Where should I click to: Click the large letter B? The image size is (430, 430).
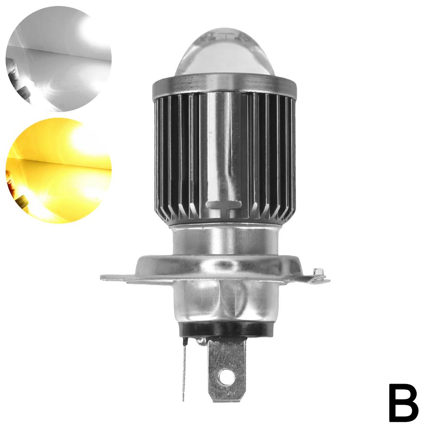pyautogui.click(x=403, y=403)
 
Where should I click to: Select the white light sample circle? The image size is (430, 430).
pyautogui.click(x=58, y=58)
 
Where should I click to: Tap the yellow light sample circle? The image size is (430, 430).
pyautogui.click(x=58, y=171)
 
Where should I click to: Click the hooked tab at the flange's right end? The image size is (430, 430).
pyautogui.click(x=318, y=275)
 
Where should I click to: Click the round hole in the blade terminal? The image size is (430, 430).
pyautogui.click(x=226, y=377)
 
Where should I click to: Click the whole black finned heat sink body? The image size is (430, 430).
pyautogui.click(x=224, y=159)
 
